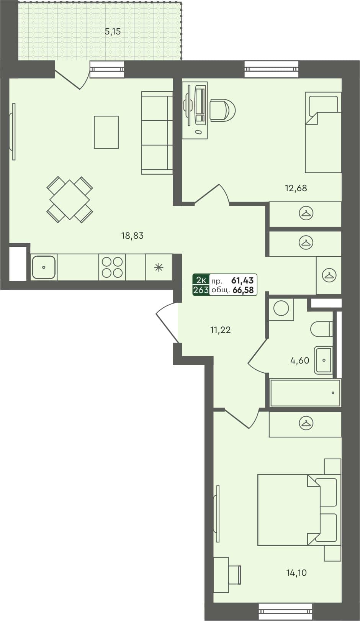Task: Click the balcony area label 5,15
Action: point(113,32)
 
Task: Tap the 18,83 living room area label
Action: point(132,236)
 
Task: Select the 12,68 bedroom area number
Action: point(296,188)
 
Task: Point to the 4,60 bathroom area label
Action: point(299,360)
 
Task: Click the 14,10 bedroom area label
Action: point(296,573)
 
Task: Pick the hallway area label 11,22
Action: point(220,330)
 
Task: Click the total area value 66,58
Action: point(243,290)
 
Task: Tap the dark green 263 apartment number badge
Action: point(201,290)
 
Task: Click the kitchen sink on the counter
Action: point(44,267)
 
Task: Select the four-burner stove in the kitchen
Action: point(112,267)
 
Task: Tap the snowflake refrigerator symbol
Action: point(158,267)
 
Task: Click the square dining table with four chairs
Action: point(70,200)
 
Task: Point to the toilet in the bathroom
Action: point(321,329)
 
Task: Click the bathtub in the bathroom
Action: point(305,393)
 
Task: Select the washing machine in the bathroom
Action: point(281,309)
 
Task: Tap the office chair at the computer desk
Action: point(222,110)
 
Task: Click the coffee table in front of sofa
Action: point(106,132)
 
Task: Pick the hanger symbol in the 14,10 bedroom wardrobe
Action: point(306,423)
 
